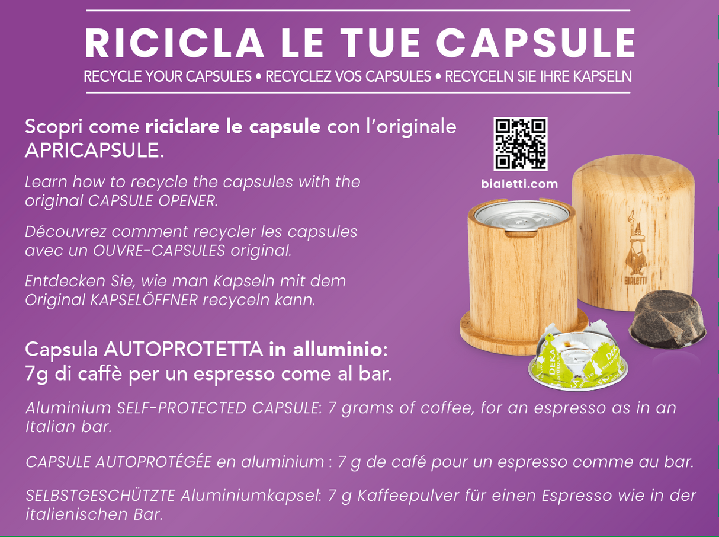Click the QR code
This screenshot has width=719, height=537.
(x=520, y=144)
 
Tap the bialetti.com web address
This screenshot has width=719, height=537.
(x=519, y=184)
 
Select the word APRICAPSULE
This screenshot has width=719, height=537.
(x=94, y=151)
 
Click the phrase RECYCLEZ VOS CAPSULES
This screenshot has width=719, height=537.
(x=348, y=76)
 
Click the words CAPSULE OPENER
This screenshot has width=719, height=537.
(x=153, y=200)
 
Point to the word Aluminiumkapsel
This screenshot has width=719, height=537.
(x=254, y=496)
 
